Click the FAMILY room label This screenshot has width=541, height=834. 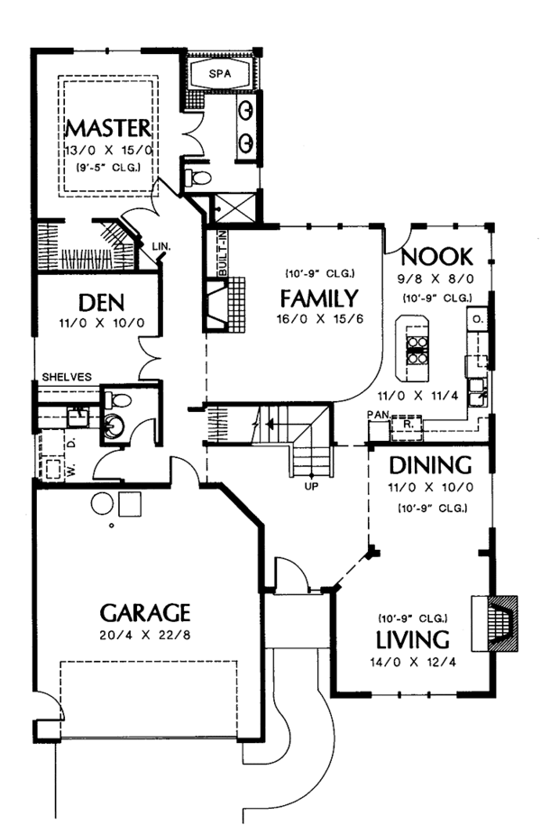coord(318,297)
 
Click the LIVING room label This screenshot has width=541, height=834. coord(412,640)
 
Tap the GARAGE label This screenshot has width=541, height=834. coord(145,613)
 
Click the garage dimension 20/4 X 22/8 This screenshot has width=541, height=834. coord(145,636)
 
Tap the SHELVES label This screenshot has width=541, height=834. coord(65,377)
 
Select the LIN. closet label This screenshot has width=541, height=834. coord(162,244)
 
